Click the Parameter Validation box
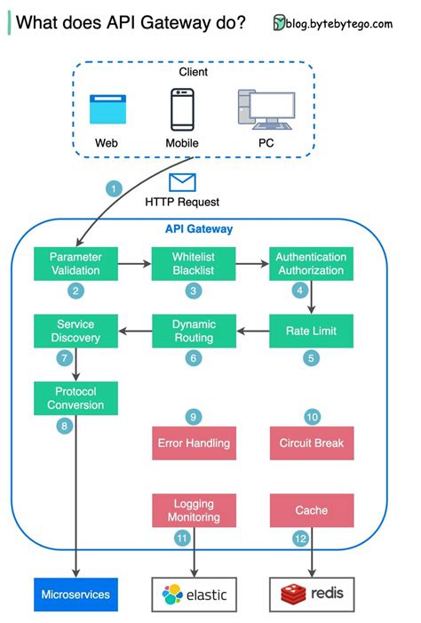(75, 264)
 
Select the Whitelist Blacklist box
(194, 264)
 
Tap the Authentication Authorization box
(311, 264)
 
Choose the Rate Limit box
(311, 331)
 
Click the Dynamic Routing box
(194, 331)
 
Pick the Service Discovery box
(75, 331)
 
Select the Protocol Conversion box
(75, 398)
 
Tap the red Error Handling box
(194, 443)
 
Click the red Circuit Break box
(311, 443)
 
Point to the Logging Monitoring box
(194, 510)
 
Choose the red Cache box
(311, 510)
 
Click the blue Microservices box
(75, 594)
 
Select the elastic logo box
(194, 594)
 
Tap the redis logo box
(311, 594)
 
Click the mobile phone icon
(182, 109)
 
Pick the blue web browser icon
(107, 109)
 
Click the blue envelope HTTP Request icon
(182, 183)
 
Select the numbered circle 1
(114, 188)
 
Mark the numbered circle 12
(299, 538)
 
